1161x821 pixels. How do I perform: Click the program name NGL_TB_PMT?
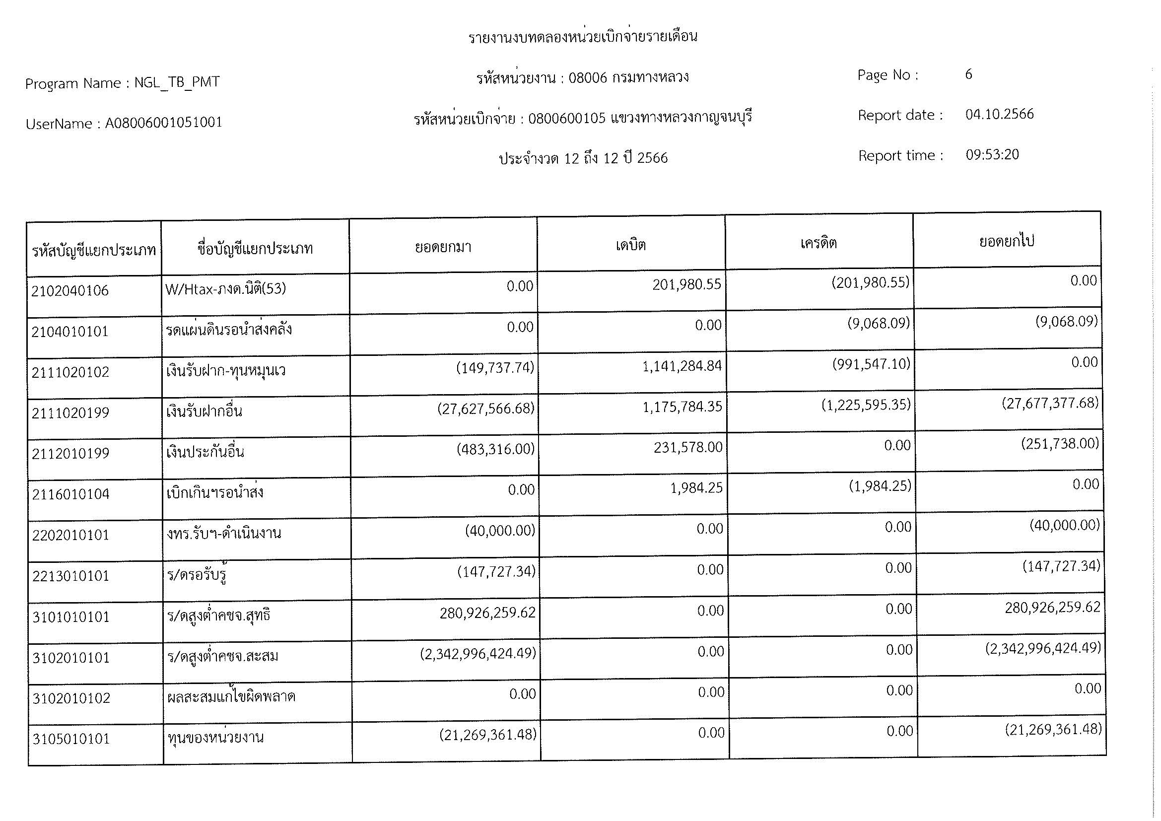[177, 82]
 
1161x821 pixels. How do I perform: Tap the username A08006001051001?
[163, 123]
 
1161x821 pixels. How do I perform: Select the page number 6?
[968, 74]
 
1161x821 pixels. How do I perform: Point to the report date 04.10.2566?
[999, 114]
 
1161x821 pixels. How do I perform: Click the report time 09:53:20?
[992, 155]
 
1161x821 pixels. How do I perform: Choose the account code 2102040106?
[70, 291]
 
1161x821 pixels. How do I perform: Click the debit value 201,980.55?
[686, 284]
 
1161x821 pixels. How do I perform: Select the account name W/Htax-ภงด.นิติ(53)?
[225, 289]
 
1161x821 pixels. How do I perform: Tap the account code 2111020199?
[70, 413]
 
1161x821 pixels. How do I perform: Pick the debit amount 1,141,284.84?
[682, 366]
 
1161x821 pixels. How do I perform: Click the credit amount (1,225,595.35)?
[866, 406]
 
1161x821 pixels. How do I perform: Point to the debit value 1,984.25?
[696, 488]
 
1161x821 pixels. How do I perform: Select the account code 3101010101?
[71, 617]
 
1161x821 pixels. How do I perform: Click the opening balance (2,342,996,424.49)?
[478, 654]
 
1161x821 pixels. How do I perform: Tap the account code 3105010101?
[71, 739]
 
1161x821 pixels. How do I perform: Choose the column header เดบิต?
[630, 245]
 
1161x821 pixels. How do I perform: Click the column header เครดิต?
[818, 243]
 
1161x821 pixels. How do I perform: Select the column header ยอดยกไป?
[1006, 242]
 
